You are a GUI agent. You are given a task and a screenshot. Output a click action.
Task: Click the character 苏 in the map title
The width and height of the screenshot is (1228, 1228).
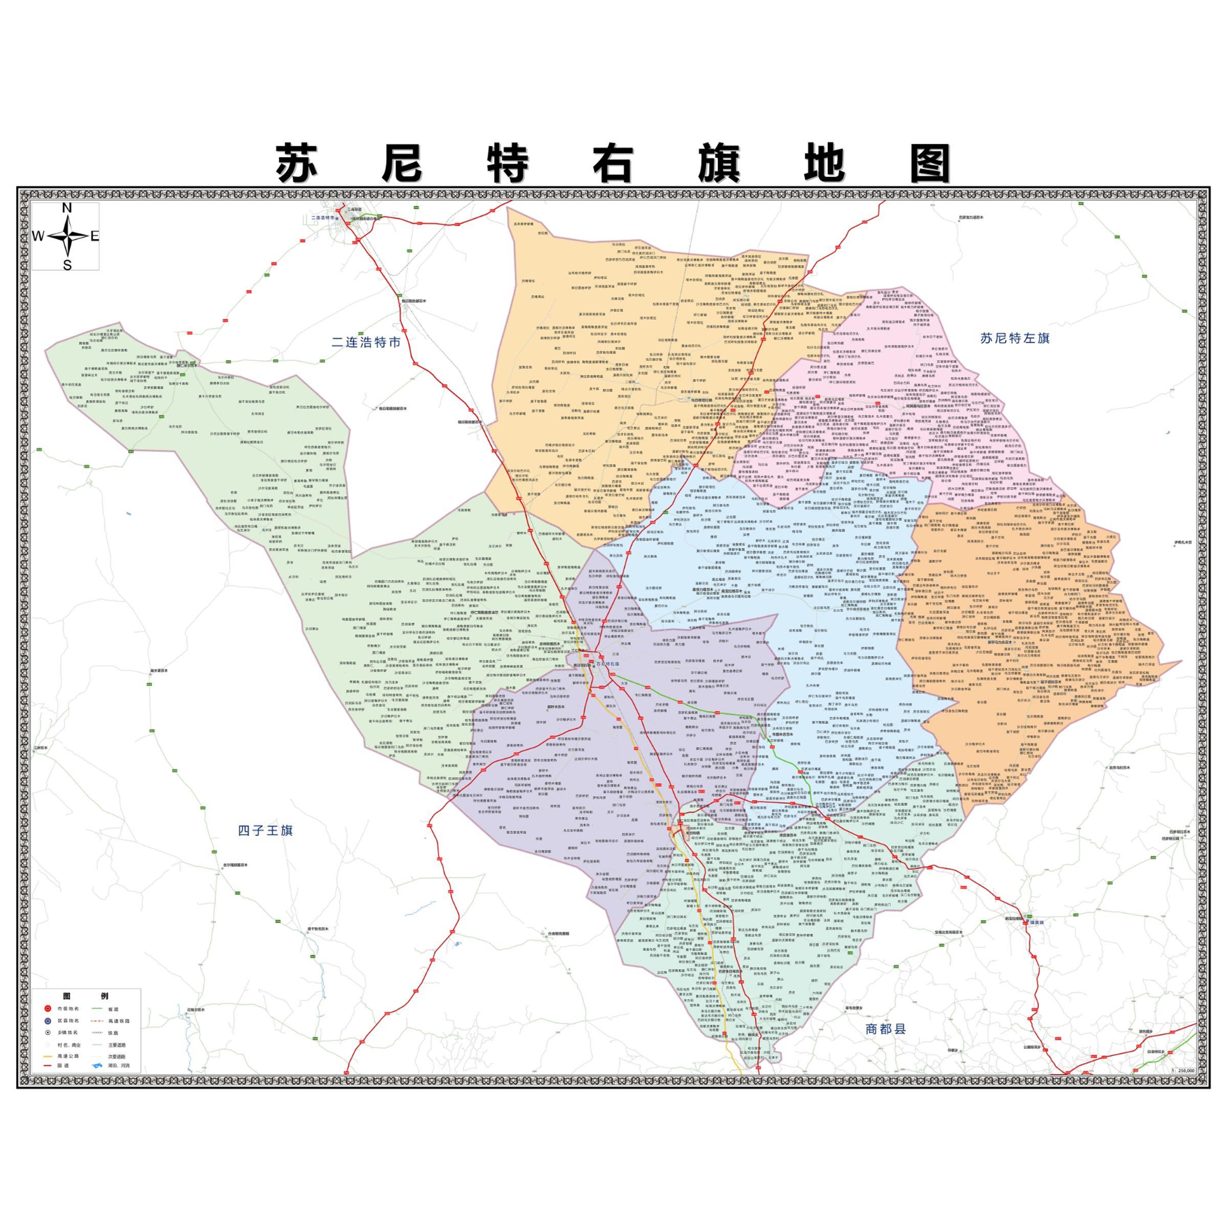click(296, 164)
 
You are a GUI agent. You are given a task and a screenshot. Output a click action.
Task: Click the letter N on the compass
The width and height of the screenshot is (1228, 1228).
click(67, 208)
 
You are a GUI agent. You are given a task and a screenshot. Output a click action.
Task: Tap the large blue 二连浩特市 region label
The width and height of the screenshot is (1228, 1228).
click(366, 342)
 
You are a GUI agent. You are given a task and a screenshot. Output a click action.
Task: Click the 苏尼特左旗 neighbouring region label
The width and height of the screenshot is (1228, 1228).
click(1015, 339)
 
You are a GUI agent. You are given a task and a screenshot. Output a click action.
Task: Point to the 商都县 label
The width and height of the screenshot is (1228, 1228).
click(885, 1029)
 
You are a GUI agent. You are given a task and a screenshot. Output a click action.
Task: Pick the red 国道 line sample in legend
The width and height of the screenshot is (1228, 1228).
click(48, 1065)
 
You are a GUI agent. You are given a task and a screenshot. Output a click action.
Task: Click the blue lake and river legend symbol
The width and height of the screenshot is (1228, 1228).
click(97, 1065)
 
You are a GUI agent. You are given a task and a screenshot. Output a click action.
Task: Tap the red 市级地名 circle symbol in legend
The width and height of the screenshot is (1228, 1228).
click(48, 1008)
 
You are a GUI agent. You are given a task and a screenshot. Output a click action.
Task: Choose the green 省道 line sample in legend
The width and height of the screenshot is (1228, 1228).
click(97, 1008)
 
